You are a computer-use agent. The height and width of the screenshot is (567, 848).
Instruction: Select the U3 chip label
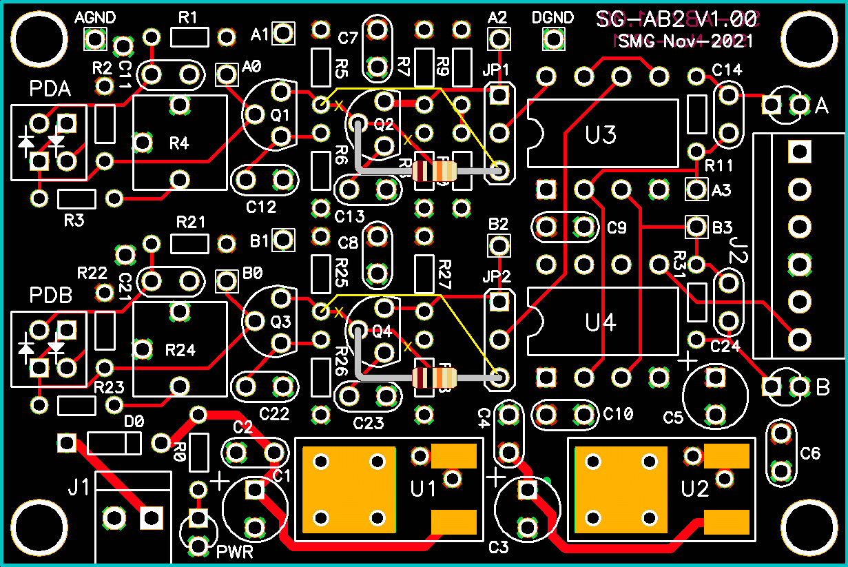[601, 135]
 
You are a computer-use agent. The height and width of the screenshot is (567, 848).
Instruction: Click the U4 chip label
[601, 322]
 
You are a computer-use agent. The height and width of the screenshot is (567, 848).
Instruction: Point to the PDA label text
[50, 90]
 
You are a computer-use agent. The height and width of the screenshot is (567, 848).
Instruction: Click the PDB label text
[51, 296]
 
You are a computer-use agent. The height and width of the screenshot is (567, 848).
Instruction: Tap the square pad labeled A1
[283, 33]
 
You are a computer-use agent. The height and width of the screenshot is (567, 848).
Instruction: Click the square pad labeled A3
[696, 189]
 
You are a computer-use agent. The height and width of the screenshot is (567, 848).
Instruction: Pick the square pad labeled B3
[696, 226]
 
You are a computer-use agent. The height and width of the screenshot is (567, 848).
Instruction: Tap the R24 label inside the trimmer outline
[180, 350]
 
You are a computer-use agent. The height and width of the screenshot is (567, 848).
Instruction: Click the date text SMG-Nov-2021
[685, 41]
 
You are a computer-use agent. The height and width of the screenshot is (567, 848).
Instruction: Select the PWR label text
[235, 552]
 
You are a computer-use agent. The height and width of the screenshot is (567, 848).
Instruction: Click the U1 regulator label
[424, 489]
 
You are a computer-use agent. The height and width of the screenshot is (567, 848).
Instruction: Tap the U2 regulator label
[695, 489]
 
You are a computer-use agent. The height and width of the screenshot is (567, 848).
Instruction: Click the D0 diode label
[134, 421]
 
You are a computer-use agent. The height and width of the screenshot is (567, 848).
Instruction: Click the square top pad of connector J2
[800, 151]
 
